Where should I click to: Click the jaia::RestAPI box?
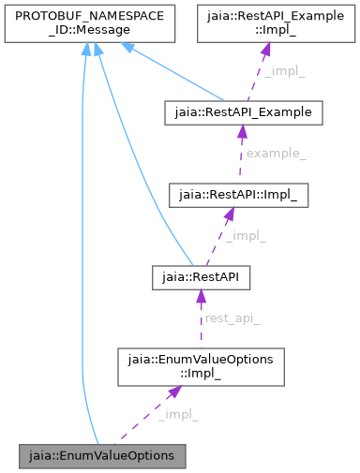(x=201, y=277)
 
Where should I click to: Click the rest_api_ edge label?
(x=232, y=318)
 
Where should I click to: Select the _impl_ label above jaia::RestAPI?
(x=246, y=236)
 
